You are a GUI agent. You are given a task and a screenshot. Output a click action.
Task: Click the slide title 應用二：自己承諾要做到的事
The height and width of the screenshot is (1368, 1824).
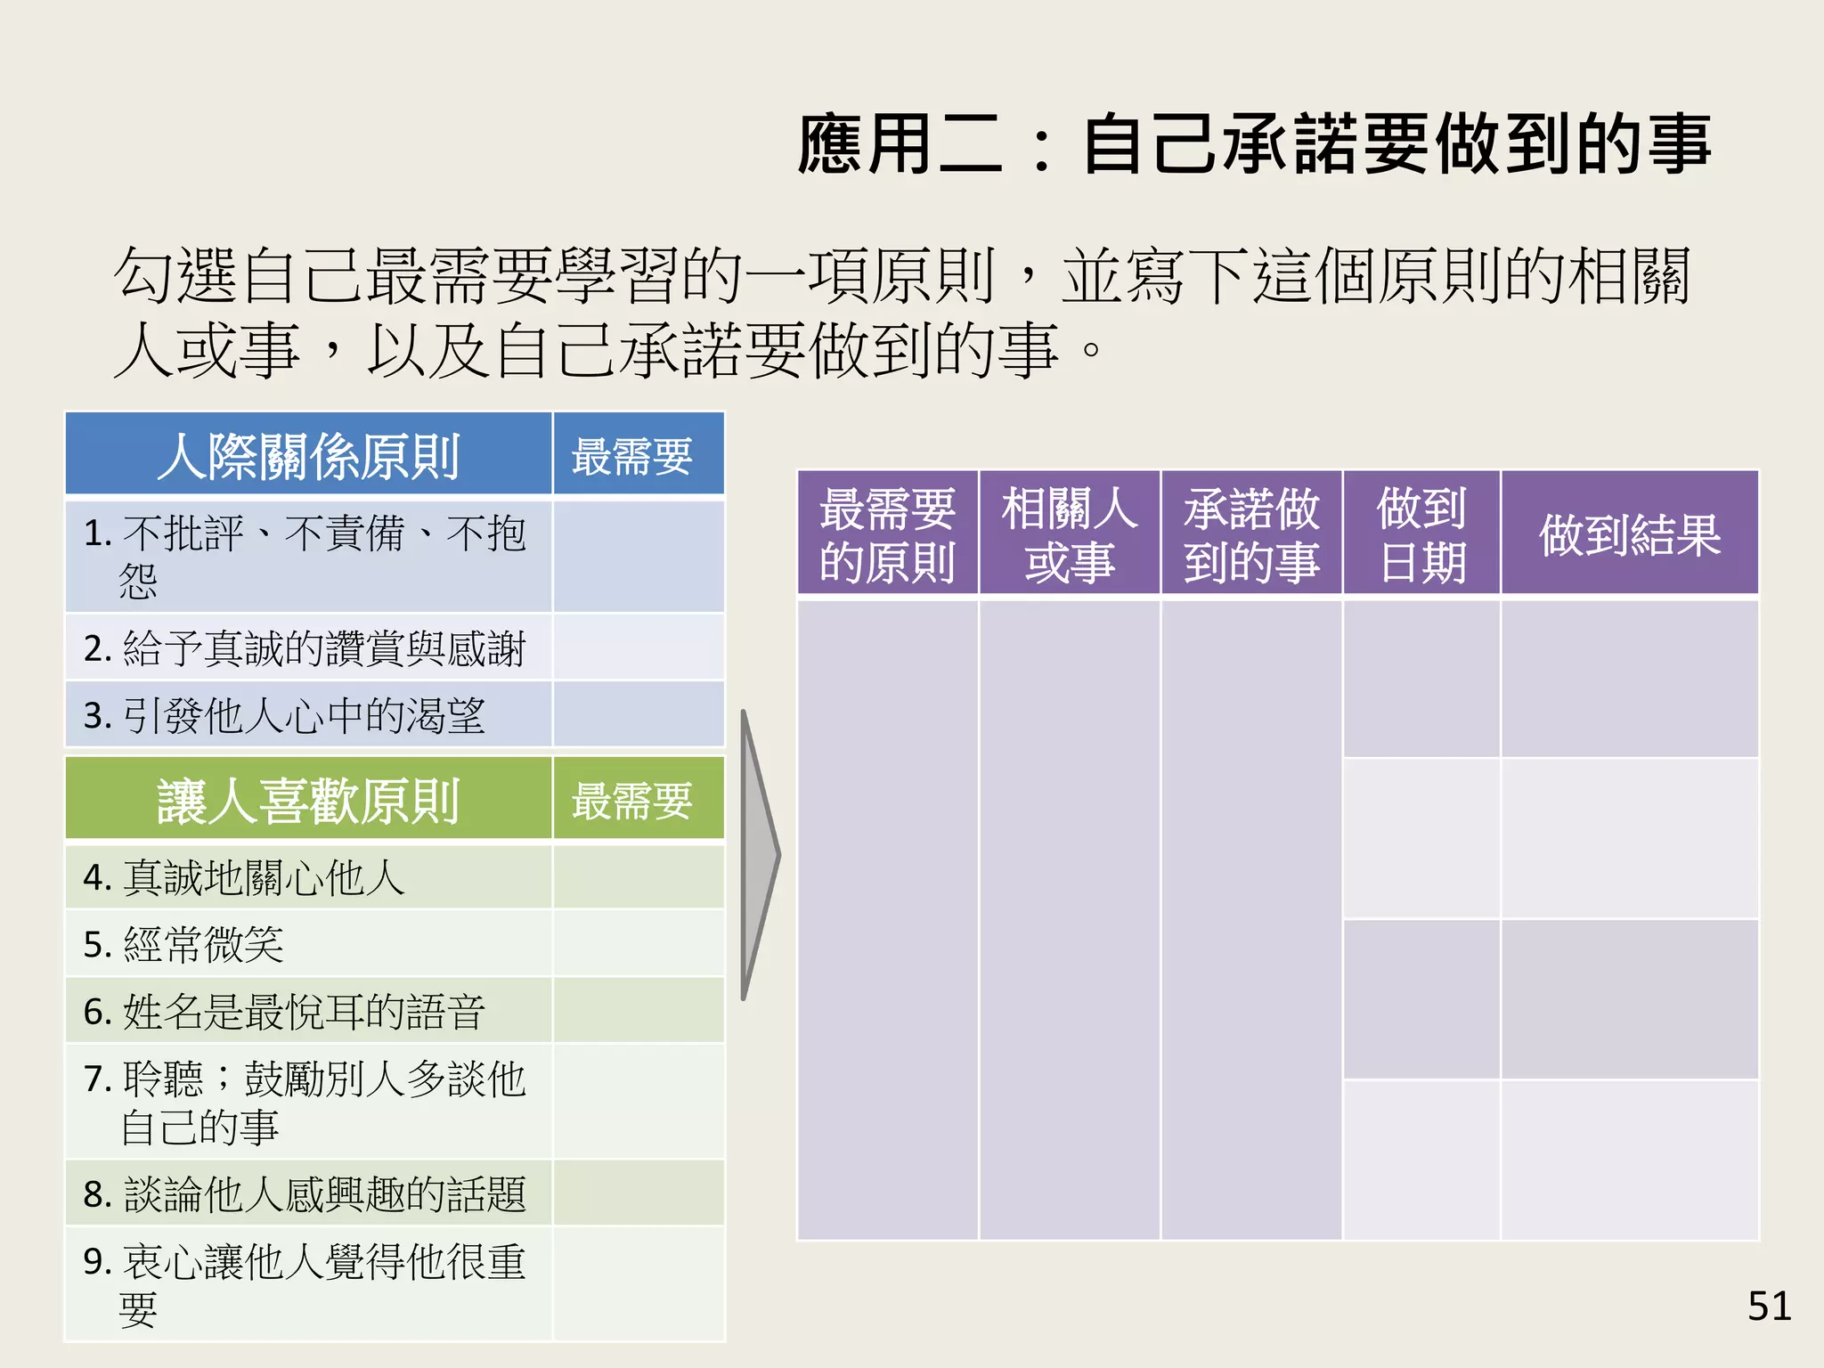click(1254, 144)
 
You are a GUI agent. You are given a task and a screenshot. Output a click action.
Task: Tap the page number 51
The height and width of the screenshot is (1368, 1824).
click(1769, 1307)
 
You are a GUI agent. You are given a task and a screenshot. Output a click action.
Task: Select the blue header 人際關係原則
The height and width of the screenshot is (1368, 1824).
click(308, 456)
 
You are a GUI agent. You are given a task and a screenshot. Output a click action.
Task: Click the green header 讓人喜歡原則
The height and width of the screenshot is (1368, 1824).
click(308, 801)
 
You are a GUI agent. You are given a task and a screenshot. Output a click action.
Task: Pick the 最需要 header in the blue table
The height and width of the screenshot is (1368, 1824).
click(631, 456)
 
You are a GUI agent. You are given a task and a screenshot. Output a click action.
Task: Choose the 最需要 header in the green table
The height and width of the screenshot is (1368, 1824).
click(631, 801)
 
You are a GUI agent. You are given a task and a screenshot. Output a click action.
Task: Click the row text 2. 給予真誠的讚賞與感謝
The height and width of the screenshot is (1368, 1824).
click(305, 648)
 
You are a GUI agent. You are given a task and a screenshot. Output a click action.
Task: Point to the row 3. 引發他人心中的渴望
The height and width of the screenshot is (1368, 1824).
click(285, 715)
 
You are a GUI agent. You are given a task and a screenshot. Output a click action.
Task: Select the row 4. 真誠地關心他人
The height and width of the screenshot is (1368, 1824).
click(245, 878)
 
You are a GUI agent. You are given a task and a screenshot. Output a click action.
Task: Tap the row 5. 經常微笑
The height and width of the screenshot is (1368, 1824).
click(183, 944)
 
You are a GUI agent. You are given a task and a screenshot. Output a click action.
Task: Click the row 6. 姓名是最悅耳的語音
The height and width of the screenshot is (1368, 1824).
click(285, 1012)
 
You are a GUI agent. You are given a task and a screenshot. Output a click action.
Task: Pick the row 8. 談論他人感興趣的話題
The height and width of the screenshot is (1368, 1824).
click(305, 1194)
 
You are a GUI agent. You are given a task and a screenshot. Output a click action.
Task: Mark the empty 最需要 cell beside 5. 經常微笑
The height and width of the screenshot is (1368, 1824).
click(639, 944)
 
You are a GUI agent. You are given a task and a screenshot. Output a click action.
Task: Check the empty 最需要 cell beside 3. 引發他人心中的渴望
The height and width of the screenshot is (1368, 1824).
click(639, 715)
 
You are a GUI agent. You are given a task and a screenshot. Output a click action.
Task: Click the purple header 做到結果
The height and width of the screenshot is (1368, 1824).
click(1629, 534)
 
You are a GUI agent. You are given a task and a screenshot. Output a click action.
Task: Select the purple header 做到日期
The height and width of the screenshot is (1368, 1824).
click(1421, 534)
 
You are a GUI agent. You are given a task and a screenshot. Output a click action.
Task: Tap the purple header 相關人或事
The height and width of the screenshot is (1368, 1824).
click(1070, 534)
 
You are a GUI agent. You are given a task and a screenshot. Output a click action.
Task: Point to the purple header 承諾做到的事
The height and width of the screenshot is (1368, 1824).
click(1251, 534)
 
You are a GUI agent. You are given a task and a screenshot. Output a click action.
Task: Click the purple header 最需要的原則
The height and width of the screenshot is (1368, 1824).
click(888, 534)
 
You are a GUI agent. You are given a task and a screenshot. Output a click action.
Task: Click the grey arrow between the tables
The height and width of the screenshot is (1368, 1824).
click(759, 855)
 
